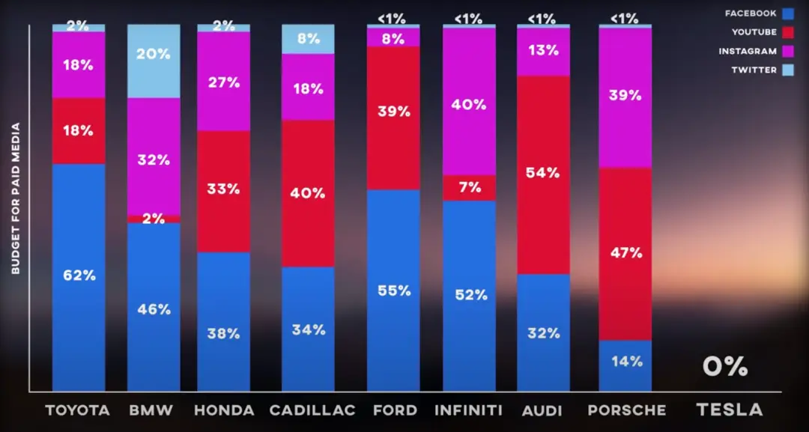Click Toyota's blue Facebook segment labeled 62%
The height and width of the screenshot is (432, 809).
pos(79,276)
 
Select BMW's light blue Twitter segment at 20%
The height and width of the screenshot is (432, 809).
pos(154,61)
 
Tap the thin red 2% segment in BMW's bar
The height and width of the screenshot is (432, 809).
pos(154,219)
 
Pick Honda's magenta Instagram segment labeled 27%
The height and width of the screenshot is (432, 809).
pos(223,82)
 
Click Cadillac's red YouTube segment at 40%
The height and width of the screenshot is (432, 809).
pos(308,193)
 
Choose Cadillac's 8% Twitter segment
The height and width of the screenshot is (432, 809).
pos(308,39)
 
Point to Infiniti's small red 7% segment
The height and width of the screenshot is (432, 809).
pos(469,187)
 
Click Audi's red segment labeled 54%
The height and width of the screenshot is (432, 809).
pos(543,174)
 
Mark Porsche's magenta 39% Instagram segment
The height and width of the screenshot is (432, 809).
pos(625,97)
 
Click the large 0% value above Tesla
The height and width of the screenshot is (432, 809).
pos(725,366)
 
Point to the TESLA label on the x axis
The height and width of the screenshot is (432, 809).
pos(730,410)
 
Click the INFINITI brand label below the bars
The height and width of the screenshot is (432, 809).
pos(469,410)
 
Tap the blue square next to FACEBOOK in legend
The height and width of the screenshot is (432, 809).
pos(787,13)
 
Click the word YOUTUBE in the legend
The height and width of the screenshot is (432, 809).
pos(754,32)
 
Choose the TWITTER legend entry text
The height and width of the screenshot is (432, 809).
pos(754,70)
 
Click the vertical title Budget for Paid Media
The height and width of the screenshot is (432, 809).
pos(15,198)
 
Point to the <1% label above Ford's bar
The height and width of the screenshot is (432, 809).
pos(393,17)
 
